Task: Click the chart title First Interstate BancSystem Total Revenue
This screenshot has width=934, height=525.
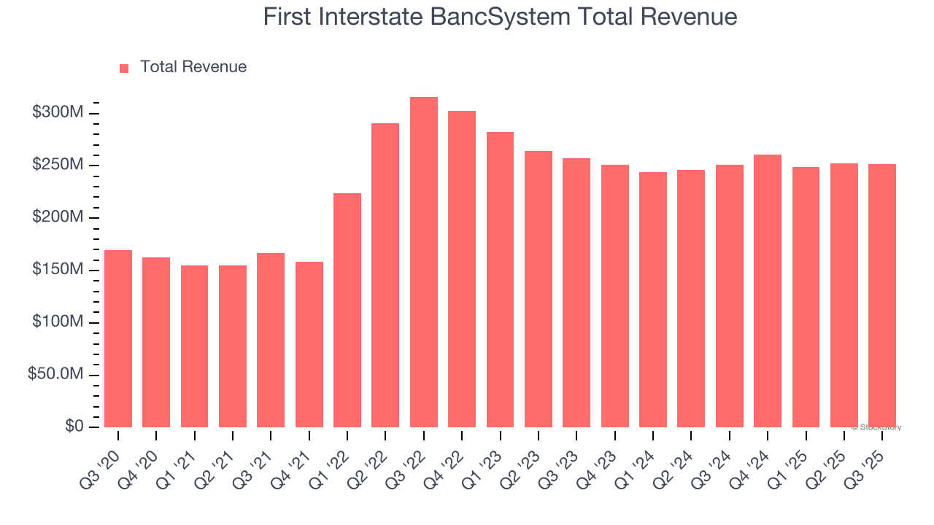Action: pyautogui.click(x=500, y=17)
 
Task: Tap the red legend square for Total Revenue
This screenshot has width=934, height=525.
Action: pyautogui.click(x=124, y=68)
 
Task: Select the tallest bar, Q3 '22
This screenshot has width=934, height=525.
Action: pyautogui.click(x=424, y=262)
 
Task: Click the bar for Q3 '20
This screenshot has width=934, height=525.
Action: pyautogui.click(x=118, y=339)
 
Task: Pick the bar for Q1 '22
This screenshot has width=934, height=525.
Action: pyautogui.click(x=347, y=310)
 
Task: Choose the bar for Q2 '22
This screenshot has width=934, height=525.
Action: pyautogui.click(x=385, y=276)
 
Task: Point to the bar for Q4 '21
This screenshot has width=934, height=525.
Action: pyautogui.click(x=309, y=344)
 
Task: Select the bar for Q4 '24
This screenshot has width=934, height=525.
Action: pyautogui.click(x=768, y=291)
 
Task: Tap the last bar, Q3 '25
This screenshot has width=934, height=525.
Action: pyautogui.click(x=882, y=295)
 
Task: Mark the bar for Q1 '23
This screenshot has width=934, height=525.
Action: pyautogui.click(x=500, y=280)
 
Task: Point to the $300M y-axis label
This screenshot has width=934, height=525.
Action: pyautogui.click(x=58, y=113)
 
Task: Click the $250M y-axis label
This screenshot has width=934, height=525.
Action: pyautogui.click(x=58, y=166)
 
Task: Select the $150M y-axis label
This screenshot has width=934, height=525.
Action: pyautogui.click(x=58, y=271)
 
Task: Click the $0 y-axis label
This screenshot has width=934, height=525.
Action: pyautogui.click(x=74, y=427)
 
